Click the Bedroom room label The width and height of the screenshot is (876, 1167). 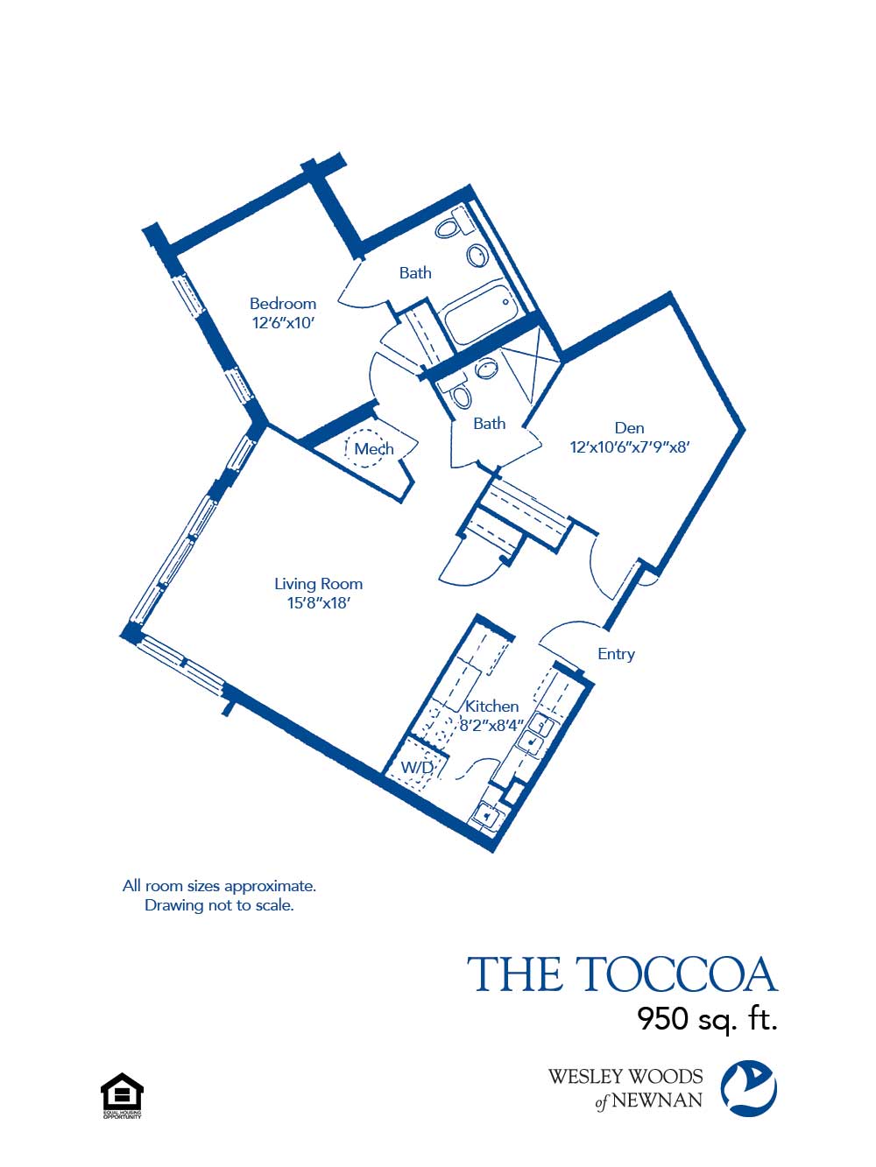(282, 304)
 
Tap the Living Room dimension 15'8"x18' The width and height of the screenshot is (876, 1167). (318, 603)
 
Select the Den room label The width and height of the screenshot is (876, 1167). (629, 428)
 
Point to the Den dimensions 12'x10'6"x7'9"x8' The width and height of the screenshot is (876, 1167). (629, 447)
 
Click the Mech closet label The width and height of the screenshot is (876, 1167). (373, 449)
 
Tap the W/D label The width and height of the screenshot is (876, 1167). (417, 768)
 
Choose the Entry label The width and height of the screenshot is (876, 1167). (616, 654)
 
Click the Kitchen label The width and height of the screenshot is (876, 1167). (491, 706)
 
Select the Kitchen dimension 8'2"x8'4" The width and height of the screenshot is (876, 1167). (491, 725)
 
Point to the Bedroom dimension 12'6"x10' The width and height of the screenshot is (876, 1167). (282, 323)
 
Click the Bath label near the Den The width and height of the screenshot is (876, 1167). (489, 424)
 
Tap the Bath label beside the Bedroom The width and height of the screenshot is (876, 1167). (415, 273)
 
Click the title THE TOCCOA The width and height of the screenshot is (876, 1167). (622, 975)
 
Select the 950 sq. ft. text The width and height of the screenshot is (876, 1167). (707, 1019)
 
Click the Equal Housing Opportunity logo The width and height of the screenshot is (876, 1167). (122, 1095)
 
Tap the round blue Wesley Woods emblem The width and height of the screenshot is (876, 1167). (748, 1088)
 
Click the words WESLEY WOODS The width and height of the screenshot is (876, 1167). (625, 1077)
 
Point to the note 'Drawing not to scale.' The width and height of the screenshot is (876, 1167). (219, 905)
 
